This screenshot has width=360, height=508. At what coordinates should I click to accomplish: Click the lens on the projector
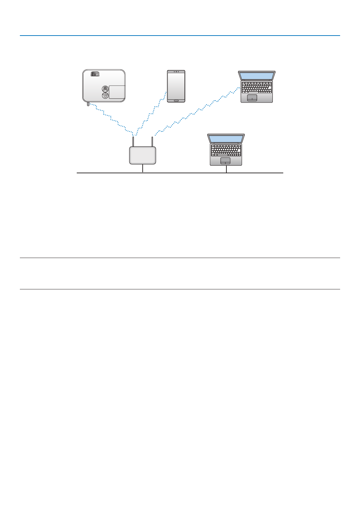pos(95,74)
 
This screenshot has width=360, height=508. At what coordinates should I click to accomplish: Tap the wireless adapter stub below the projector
pos(88,104)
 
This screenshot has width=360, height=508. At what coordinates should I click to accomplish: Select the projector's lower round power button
pos(105,95)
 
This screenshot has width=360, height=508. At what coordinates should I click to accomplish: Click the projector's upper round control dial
pos(105,88)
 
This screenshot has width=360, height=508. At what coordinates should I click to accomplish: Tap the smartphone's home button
pos(176,101)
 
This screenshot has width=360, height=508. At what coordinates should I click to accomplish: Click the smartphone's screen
pos(176,86)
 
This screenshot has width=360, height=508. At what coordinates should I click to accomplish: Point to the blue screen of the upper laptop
pos(257,76)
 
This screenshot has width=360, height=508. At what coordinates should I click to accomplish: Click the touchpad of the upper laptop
pos(252,98)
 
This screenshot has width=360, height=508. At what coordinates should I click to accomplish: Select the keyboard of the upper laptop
pos(257,87)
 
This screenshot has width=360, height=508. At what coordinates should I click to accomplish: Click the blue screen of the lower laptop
pos(226,139)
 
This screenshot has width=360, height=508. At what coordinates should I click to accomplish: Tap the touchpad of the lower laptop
pos(226,160)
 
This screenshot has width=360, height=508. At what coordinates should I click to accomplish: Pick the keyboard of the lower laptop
pos(226,150)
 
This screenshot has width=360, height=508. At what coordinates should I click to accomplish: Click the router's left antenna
pos(133,141)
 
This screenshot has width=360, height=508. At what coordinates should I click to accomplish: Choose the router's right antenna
pos(152,141)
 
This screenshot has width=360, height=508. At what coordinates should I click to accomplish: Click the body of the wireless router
pos(143,155)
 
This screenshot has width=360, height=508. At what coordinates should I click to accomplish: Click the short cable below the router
pos(143,168)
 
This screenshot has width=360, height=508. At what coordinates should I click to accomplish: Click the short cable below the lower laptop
pos(226,169)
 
